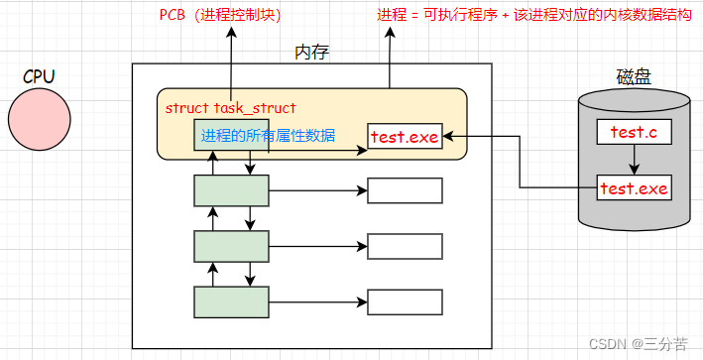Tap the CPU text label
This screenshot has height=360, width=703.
point(41,76)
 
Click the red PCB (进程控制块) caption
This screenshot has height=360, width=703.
point(220,15)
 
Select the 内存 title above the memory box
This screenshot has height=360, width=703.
point(312,52)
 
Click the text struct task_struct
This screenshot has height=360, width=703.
point(230,107)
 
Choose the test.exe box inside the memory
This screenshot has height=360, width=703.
point(404,137)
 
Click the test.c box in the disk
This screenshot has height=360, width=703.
point(634,131)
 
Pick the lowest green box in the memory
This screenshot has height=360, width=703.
point(230,299)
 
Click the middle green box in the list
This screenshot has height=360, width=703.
point(230,244)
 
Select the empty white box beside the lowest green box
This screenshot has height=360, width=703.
point(404,299)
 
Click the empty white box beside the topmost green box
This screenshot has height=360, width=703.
point(404,190)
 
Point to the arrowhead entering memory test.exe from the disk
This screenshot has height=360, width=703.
point(447,137)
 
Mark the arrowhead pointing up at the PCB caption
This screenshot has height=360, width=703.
point(231,32)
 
